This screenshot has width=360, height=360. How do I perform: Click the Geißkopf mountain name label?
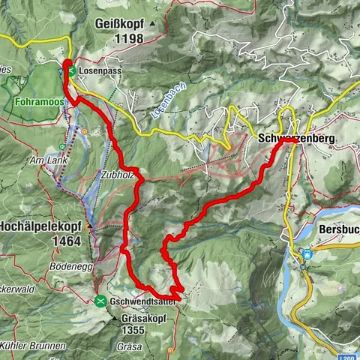(119, 24)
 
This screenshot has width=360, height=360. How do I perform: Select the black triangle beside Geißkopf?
(152, 24)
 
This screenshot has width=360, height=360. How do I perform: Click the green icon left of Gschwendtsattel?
(100, 301)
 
